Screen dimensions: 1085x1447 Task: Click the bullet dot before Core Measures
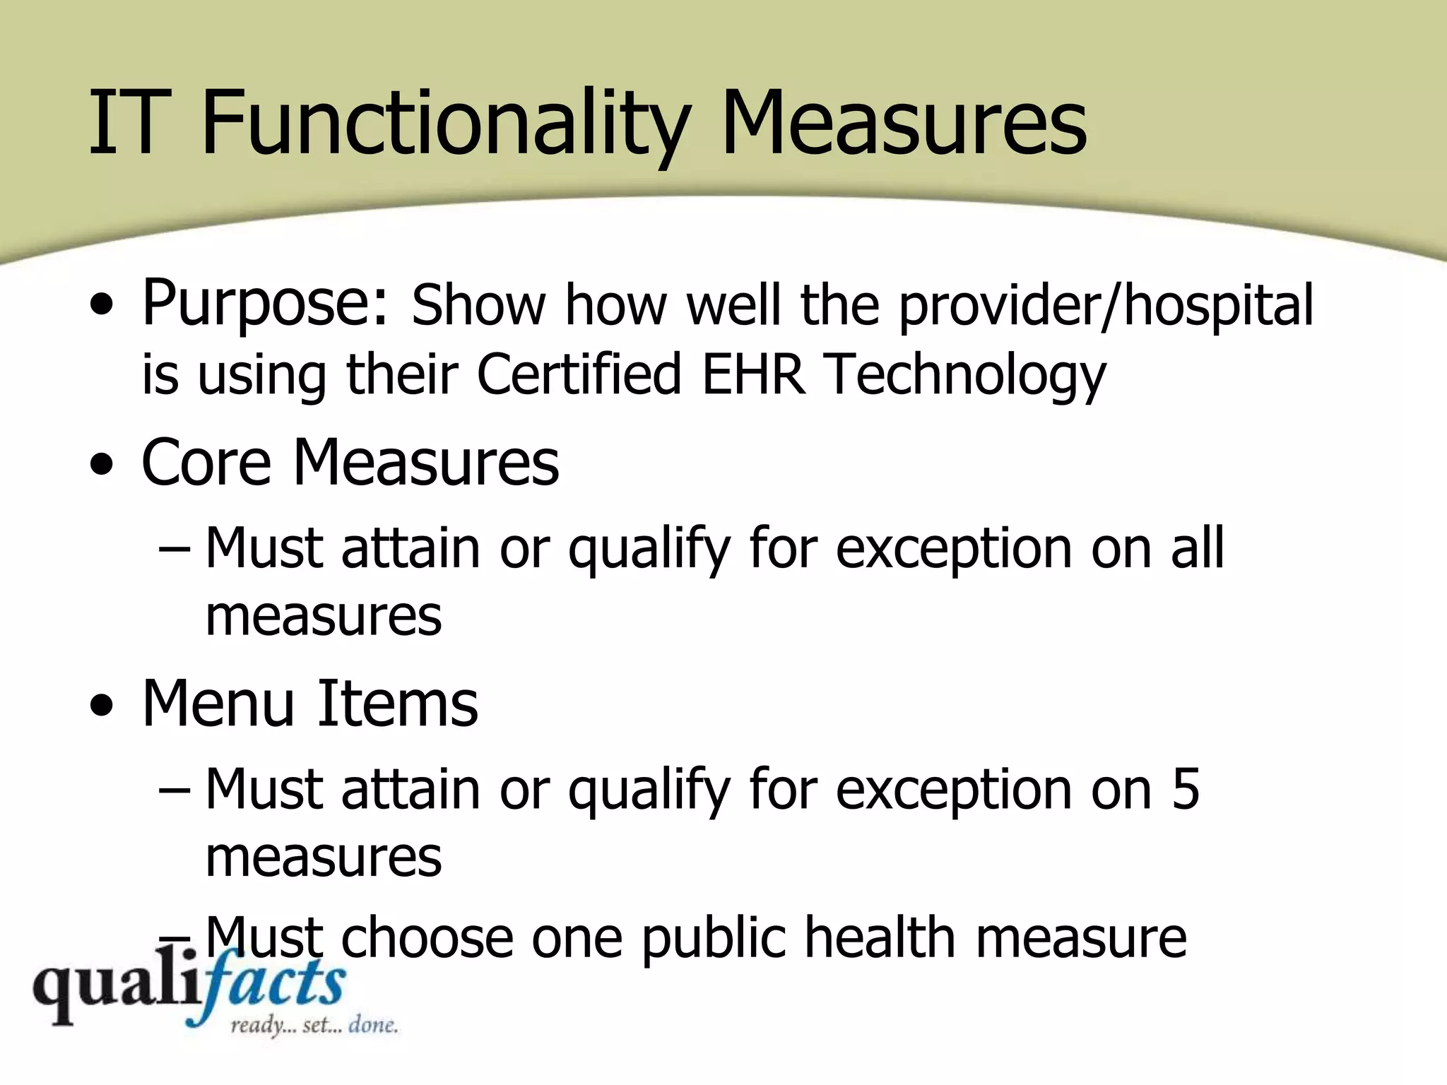(102, 466)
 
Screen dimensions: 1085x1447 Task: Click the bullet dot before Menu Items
(102, 706)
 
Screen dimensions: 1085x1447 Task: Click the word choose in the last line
(427, 937)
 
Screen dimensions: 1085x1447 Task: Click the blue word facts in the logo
(272, 985)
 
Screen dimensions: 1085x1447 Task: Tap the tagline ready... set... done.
(314, 1025)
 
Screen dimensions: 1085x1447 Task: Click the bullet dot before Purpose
(102, 308)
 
